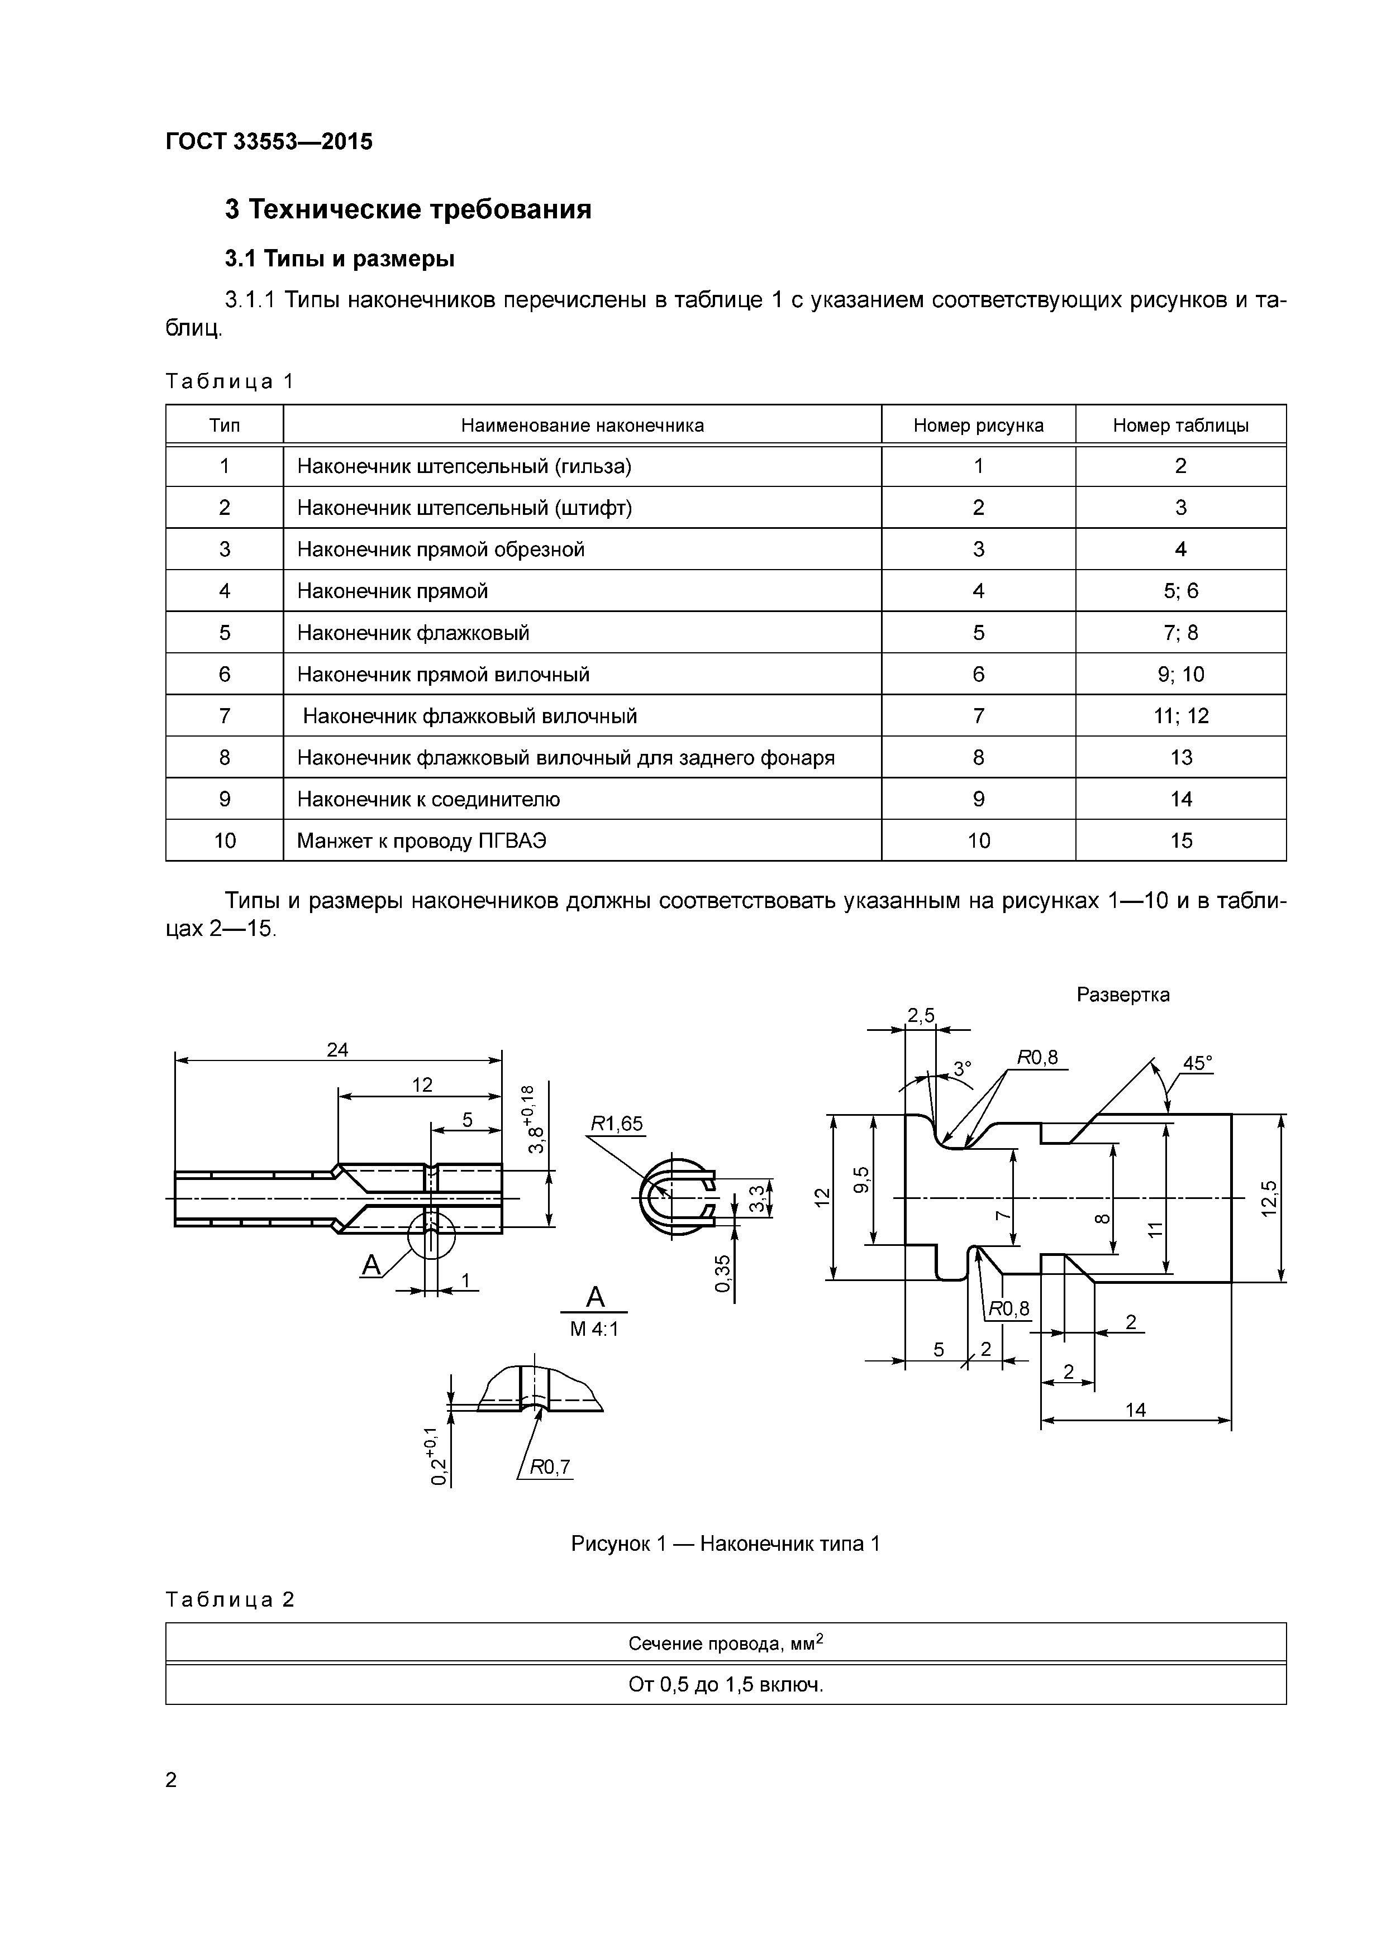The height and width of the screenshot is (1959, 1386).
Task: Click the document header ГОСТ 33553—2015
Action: point(269,142)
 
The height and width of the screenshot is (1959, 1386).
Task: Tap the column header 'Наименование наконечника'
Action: point(582,425)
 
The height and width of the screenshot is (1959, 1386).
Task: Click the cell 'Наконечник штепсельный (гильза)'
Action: point(464,466)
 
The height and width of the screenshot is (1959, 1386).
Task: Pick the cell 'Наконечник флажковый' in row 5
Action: point(413,632)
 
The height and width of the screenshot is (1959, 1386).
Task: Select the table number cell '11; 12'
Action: point(1180,716)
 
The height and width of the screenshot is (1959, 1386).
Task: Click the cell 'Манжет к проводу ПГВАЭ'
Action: point(422,840)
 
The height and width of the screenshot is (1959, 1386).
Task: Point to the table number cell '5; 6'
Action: point(1180,590)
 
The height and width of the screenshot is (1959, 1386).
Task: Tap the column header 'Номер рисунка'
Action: point(978,425)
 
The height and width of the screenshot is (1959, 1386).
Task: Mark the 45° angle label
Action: point(1197,1064)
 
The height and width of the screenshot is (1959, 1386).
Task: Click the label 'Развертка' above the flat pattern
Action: point(1122,995)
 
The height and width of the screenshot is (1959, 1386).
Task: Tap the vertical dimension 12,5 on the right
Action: point(1270,1198)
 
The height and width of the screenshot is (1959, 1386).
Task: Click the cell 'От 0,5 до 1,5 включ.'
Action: point(726,1685)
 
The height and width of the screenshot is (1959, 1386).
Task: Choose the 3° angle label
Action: point(962,1068)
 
